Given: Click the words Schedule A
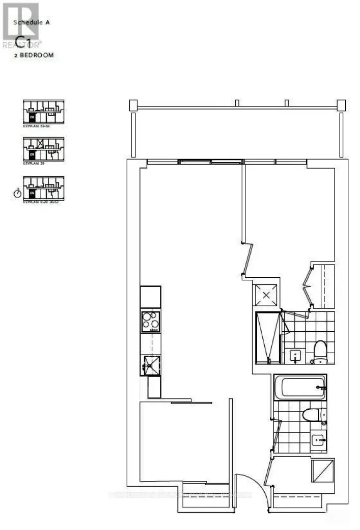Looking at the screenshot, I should (32, 22).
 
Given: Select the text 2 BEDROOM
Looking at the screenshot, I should (34, 56).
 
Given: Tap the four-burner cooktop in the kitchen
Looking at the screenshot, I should (151, 322).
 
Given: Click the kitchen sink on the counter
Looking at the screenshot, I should (151, 363).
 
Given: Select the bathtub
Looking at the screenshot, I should (299, 388).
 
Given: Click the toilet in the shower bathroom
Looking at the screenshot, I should (320, 351).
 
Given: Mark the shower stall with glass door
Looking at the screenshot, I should (268, 337).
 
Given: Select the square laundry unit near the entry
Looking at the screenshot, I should (322, 472).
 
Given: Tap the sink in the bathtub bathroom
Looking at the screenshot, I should (319, 439).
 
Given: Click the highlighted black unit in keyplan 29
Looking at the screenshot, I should (33, 153).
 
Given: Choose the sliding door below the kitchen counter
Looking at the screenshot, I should (191, 403).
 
